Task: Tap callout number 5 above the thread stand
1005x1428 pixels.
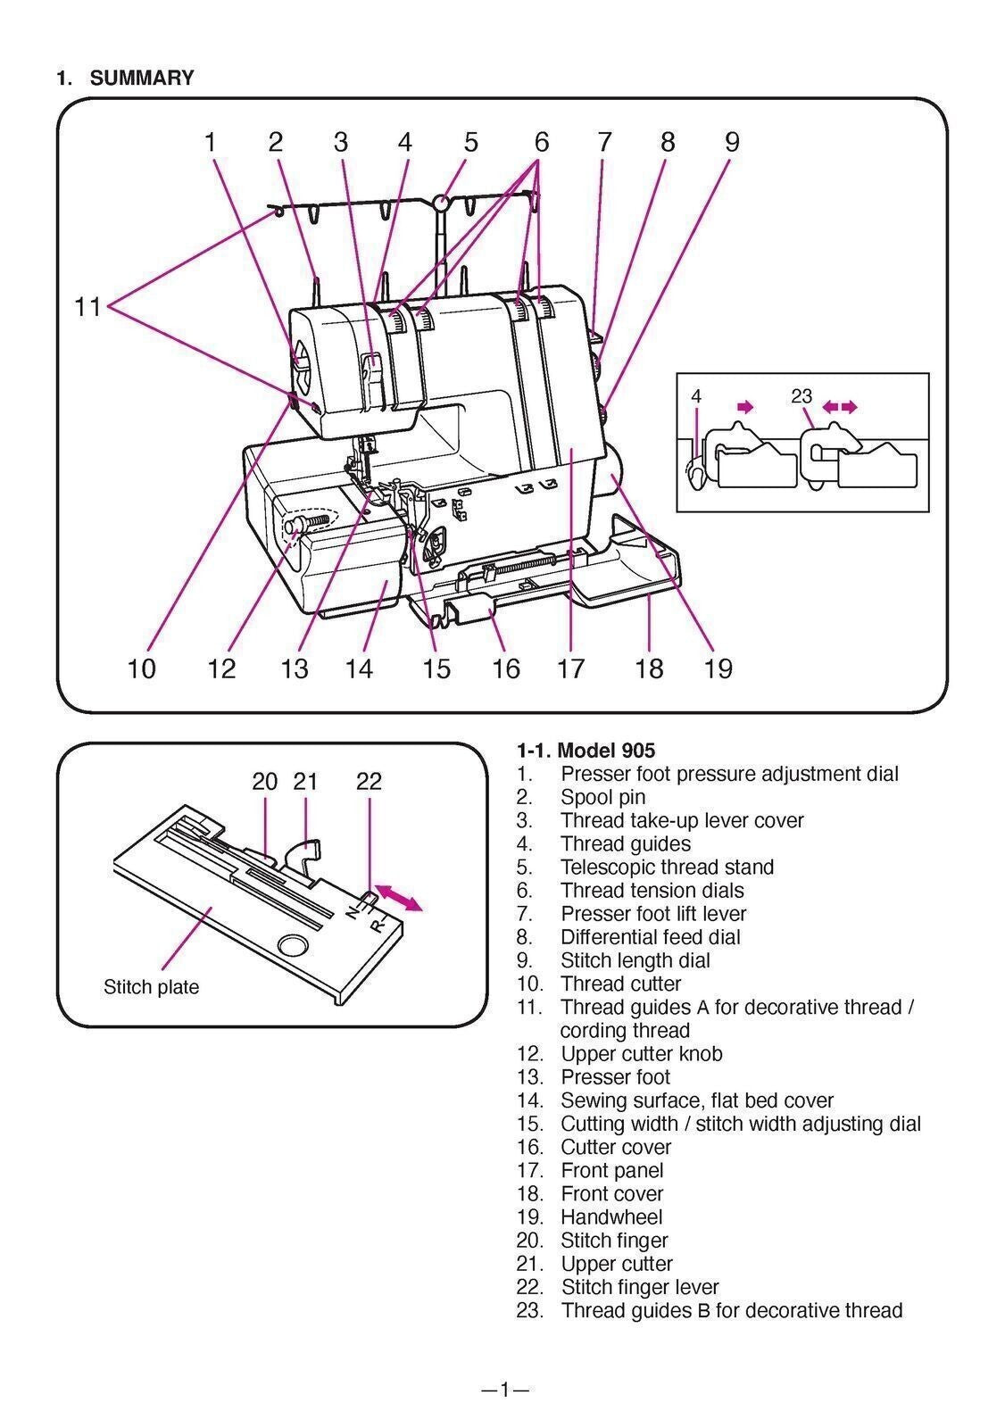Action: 470,142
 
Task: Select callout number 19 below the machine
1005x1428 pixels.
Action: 718,668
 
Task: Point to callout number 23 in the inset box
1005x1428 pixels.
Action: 802,395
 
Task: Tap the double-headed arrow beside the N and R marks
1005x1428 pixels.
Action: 399,896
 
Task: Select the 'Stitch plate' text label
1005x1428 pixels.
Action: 151,987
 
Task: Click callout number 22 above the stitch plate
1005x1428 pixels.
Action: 369,781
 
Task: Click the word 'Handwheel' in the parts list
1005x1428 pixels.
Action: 611,1216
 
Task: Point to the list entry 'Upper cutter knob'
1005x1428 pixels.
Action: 641,1053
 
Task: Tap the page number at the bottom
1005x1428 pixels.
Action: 504,1389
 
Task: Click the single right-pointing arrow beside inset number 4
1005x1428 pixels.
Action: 743,407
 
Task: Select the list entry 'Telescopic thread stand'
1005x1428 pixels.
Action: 667,867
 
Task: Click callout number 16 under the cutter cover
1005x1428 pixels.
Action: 505,668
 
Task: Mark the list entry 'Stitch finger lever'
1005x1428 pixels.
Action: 639,1287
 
